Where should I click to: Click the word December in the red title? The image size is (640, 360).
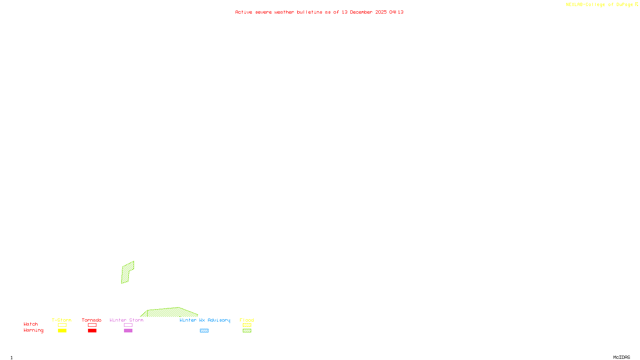[x=361, y=12]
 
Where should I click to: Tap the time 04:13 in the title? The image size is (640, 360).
[x=396, y=12]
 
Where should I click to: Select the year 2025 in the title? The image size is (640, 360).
[x=381, y=12]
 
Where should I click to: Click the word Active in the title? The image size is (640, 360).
[x=244, y=12]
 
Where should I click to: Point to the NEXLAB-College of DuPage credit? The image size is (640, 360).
[x=600, y=5]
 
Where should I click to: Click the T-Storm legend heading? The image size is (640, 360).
[x=62, y=320]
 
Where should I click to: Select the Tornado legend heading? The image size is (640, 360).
[x=92, y=320]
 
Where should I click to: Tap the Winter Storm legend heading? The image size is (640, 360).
[x=126, y=320]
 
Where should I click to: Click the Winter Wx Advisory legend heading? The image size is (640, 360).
[x=205, y=320]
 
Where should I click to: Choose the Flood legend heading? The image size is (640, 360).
[x=247, y=320]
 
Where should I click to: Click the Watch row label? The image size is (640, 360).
[x=31, y=324]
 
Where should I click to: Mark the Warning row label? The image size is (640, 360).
[x=33, y=330]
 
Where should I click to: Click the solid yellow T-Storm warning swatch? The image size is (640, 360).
[x=62, y=331]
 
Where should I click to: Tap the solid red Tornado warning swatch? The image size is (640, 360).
[x=92, y=331]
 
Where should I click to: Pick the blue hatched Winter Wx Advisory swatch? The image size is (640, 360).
[x=204, y=331]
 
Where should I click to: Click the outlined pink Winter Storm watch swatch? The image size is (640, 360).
[x=128, y=325]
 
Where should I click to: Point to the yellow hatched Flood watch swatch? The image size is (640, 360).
[x=247, y=325]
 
